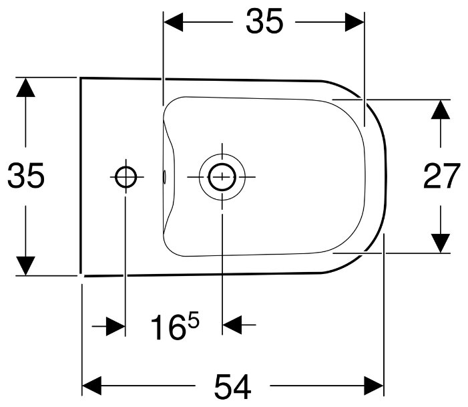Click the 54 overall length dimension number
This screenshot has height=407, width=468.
(232, 386)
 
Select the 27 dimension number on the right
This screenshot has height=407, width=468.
(442, 176)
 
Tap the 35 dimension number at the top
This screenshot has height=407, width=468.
(264, 22)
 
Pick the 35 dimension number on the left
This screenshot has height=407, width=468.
(25, 176)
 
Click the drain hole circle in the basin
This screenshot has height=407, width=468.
(221, 176)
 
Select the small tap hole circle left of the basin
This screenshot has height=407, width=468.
(125, 176)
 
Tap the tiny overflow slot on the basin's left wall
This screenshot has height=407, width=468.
(164, 176)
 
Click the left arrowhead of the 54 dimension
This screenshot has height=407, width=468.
(91, 386)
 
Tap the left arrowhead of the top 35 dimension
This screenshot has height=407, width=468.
(173, 22)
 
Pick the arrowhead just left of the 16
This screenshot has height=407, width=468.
(116, 326)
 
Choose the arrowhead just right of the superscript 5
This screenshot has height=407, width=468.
(230, 326)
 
